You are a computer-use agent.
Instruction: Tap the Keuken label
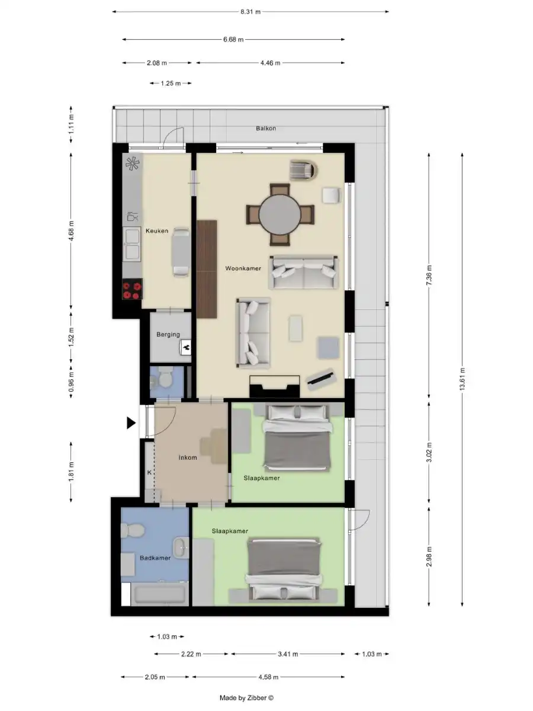(x=157, y=231)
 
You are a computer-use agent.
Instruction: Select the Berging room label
(x=168, y=335)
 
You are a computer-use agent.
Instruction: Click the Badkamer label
(x=155, y=558)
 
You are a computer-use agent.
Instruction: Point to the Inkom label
(x=188, y=457)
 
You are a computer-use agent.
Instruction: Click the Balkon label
(x=266, y=128)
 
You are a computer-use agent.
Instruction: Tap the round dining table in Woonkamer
(x=280, y=214)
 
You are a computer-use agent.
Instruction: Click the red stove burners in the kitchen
(x=132, y=290)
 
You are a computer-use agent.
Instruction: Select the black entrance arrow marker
(x=131, y=422)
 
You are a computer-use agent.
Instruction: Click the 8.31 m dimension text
(x=251, y=11)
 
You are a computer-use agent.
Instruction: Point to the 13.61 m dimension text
(x=462, y=377)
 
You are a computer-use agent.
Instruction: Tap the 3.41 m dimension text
(x=288, y=654)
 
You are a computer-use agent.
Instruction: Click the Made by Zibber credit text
(x=247, y=699)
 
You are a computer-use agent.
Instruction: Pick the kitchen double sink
(x=131, y=245)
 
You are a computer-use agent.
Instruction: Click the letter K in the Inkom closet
(x=149, y=472)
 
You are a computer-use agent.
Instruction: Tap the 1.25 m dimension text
(x=171, y=84)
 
